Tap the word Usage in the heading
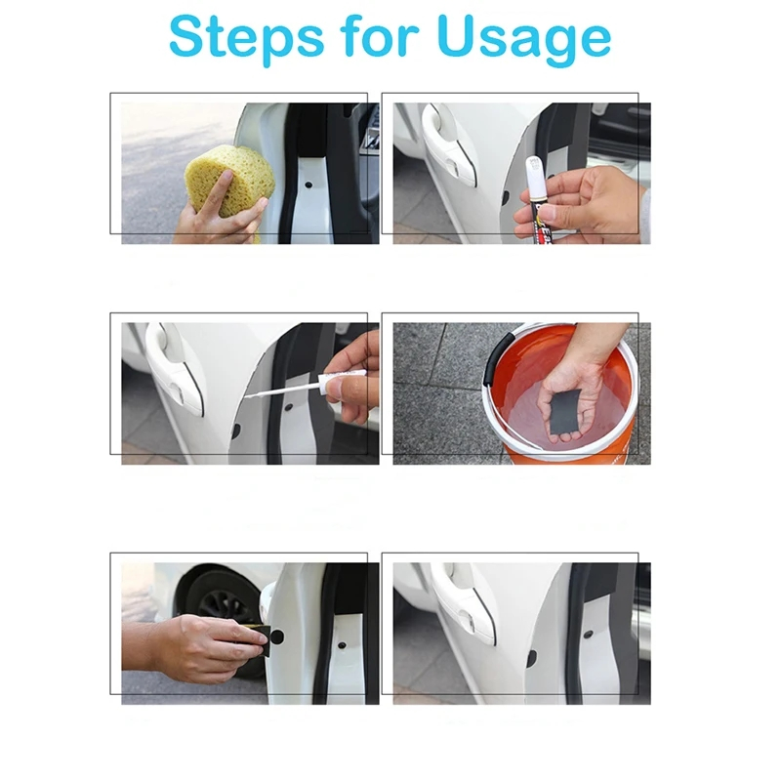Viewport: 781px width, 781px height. point(524,39)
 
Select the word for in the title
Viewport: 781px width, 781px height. point(381,35)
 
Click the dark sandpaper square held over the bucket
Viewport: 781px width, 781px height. point(565,411)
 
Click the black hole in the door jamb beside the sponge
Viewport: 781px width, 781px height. point(308,185)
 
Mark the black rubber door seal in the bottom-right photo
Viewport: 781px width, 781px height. point(578,633)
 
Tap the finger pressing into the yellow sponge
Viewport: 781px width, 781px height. point(223,192)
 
